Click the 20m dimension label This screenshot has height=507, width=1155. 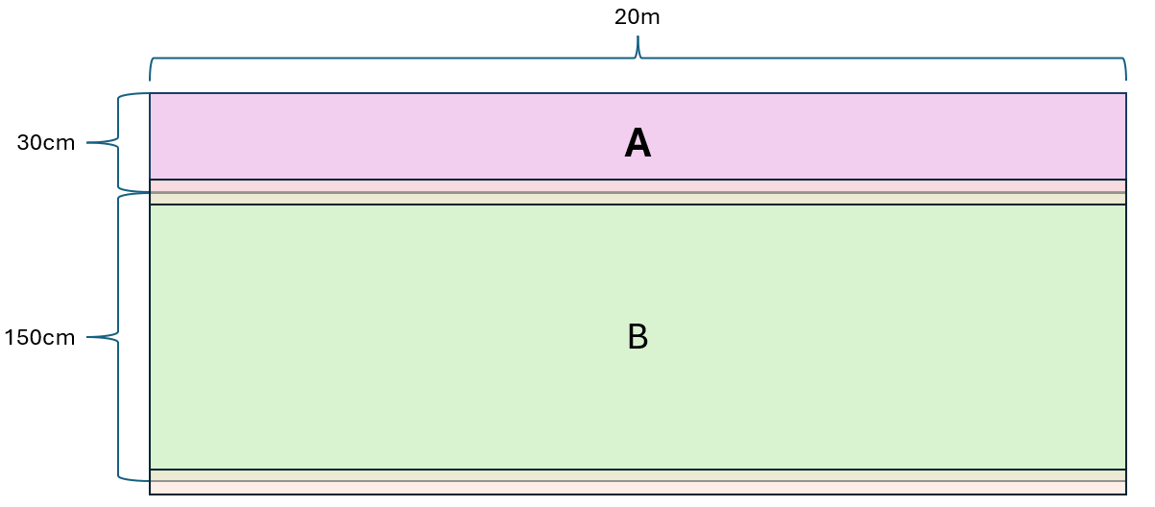coord(637,17)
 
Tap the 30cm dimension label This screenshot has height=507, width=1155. coord(46,143)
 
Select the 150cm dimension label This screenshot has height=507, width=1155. coord(39,338)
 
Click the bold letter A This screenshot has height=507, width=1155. coord(638,143)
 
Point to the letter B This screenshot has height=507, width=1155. coord(638,337)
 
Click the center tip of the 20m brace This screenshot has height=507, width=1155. coord(638,36)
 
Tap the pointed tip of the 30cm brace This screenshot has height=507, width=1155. coord(86,142)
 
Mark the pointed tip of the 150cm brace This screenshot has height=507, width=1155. coord(86,337)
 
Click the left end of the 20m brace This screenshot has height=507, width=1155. coord(150,81)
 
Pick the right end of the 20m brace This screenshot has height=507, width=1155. coord(1126,81)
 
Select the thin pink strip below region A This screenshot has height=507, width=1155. coord(638,185)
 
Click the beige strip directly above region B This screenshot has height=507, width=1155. coord(638,199)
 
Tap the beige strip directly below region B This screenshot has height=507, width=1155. coord(638,475)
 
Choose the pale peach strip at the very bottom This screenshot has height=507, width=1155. coord(638,488)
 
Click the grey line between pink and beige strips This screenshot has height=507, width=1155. coord(638,192)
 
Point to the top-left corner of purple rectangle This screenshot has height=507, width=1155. coord(150,93)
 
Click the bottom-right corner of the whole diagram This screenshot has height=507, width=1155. coord(1126,495)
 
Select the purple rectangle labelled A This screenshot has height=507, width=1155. coord(638,136)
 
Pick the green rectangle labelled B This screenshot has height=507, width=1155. coord(638,337)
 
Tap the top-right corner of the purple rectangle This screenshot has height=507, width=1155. coord(1126,93)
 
